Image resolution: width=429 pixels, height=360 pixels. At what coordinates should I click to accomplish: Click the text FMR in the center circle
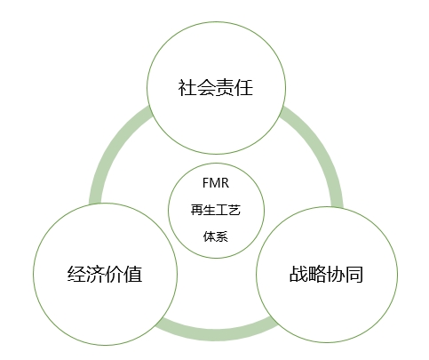pyautogui.click(x=216, y=183)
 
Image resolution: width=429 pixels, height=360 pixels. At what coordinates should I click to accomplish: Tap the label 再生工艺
pyautogui.click(x=216, y=210)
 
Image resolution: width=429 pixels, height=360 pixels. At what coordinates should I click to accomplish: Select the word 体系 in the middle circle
pyautogui.click(x=216, y=236)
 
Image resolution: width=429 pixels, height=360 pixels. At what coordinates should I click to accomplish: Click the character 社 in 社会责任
pyautogui.click(x=187, y=88)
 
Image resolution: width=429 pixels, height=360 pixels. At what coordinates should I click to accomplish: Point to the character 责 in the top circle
pyautogui.click(x=225, y=88)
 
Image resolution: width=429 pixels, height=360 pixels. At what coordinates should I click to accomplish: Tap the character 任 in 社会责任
pyautogui.click(x=243, y=88)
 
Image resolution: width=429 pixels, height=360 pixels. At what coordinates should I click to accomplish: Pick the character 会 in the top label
pyautogui.click(x=206, y=88)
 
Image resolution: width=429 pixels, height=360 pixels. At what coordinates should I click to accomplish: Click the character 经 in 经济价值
pyautogui.click(x=76, y=274)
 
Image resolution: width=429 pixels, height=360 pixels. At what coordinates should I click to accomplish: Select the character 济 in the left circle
pyautogui.click(x=95, y=274)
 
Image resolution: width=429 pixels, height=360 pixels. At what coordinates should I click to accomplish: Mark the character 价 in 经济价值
pyautogui.click(x=114, y=274)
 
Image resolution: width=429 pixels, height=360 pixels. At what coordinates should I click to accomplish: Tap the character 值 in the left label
pyautogui.click(x=133, y=274)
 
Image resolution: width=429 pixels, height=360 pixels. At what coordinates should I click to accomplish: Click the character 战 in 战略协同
pyautogui.click(x=298, y=274)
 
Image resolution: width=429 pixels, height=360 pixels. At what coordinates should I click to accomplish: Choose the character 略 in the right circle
pyautogui.click(x=317, y=274)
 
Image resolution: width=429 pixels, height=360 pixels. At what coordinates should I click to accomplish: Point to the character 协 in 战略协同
pyautogui.click(x=336, y=274)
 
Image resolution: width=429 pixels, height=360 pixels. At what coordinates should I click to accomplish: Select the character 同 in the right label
pyautogui.click(x=354, y=274)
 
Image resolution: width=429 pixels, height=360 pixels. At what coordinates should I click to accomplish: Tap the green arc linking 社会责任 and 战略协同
pyautogui.click(x=322, y=148)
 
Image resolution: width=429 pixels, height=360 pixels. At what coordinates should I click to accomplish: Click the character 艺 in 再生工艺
pyautogui.click(x=234, y=210)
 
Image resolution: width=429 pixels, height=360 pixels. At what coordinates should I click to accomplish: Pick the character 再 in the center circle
pyautogui.click(x=197, y=210)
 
